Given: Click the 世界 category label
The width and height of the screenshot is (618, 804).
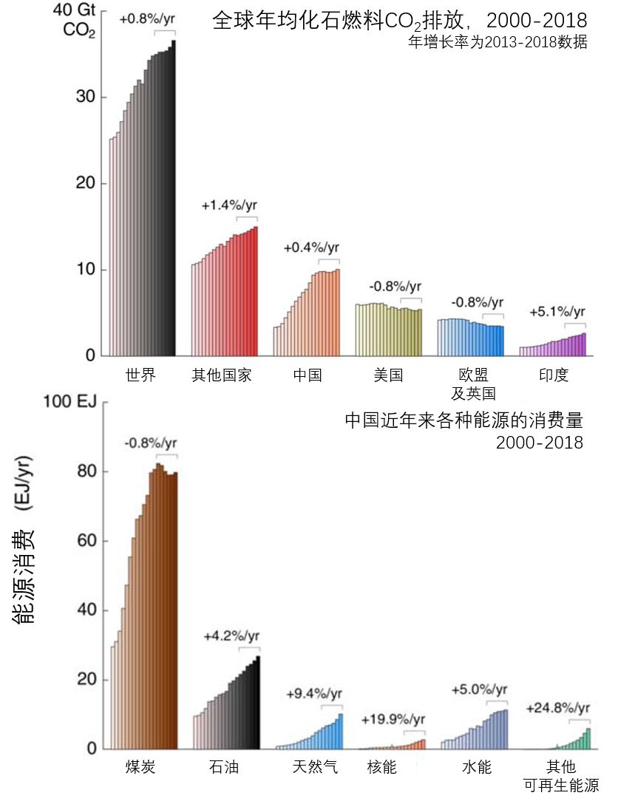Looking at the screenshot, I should [x=141, y=375].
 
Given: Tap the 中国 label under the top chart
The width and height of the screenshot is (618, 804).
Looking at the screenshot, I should [x=307, y=375].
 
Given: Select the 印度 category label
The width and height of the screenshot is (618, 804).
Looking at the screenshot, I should [x=554, y=375].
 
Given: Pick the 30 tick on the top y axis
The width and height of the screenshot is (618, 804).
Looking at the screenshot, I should [x=86, y=98].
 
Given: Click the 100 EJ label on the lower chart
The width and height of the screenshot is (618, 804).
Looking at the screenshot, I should [x=65, y=402].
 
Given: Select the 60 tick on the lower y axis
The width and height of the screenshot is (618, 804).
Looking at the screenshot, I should [x=87, y=541].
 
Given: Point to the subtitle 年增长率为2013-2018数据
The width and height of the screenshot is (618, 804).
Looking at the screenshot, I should [x=498, y=42].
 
